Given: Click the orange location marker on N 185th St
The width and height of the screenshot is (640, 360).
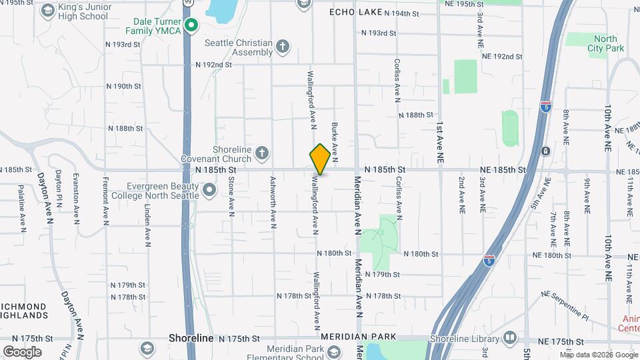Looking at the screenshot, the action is [x=320, y=159].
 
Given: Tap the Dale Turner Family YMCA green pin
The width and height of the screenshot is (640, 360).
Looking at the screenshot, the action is [x=191, y=26].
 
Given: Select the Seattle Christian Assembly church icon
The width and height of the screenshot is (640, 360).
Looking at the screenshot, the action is [x=283, y=46].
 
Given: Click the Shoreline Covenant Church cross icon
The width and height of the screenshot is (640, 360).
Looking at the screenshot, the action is [x=262, y=153].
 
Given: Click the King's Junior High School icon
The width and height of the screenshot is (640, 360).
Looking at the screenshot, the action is [x=48, y=10].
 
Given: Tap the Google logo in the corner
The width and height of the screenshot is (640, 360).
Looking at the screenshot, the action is [x=22, y=351].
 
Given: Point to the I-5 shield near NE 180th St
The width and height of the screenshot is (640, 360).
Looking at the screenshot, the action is [x=489, y=259].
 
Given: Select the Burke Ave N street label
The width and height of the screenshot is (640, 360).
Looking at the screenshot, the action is [x=335, y=143].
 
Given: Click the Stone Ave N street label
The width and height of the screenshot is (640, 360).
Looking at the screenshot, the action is [x=231, y=196].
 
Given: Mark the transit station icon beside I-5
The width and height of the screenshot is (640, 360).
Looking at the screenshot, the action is [x=545, y=151].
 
